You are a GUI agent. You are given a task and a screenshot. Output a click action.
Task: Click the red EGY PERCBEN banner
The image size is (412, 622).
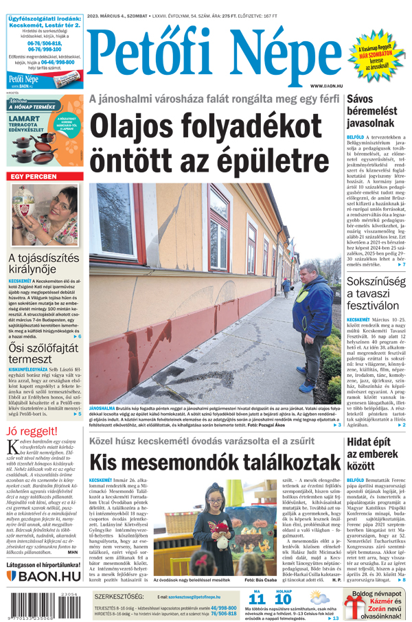click(33, 177)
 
